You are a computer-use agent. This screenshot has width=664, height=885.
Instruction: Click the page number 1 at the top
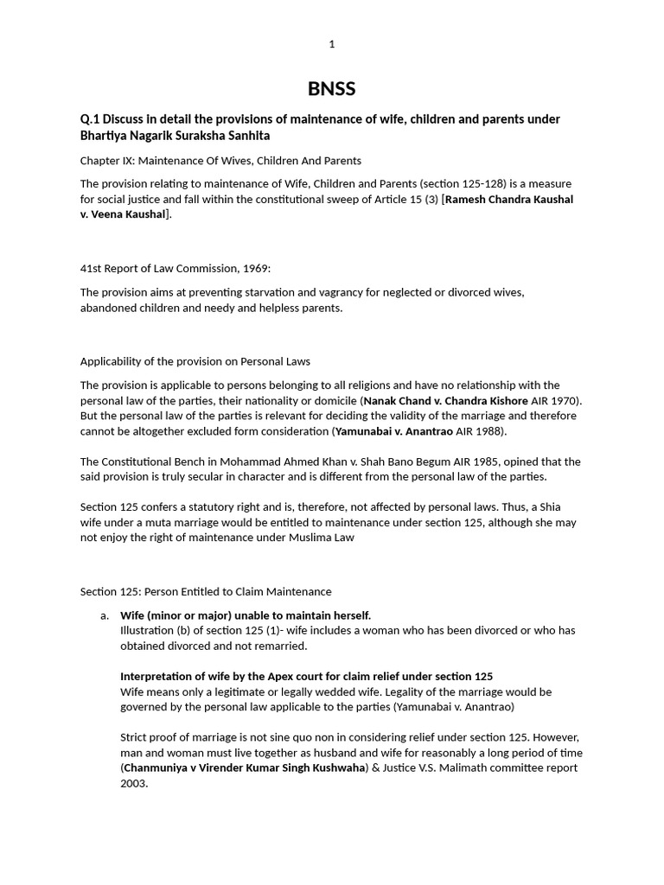coord(332,44)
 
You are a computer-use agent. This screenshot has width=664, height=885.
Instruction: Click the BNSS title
coord(332,89)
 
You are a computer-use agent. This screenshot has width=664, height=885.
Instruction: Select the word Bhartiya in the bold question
coord(104,137)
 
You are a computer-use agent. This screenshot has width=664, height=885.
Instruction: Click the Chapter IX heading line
coord(220,161)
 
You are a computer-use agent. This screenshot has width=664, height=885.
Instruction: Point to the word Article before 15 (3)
coord(386,200)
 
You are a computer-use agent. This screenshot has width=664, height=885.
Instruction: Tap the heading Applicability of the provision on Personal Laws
coord(195,361)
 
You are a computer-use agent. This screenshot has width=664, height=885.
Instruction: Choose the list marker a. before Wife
coord(105,615)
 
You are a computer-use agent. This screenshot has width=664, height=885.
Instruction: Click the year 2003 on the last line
coord(134,784)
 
